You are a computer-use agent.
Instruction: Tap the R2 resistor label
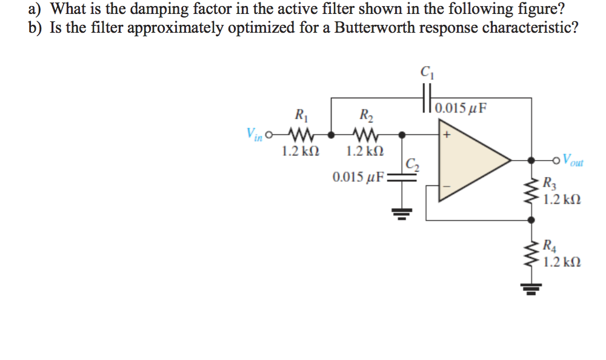366,115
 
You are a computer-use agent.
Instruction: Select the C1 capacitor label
426,70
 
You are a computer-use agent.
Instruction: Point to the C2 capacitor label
411,163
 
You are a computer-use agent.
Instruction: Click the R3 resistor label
548,182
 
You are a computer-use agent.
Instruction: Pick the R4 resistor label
548,246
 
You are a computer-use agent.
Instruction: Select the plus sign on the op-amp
448,135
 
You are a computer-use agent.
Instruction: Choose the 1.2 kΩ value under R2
365,151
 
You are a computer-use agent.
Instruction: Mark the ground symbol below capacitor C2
401,213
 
